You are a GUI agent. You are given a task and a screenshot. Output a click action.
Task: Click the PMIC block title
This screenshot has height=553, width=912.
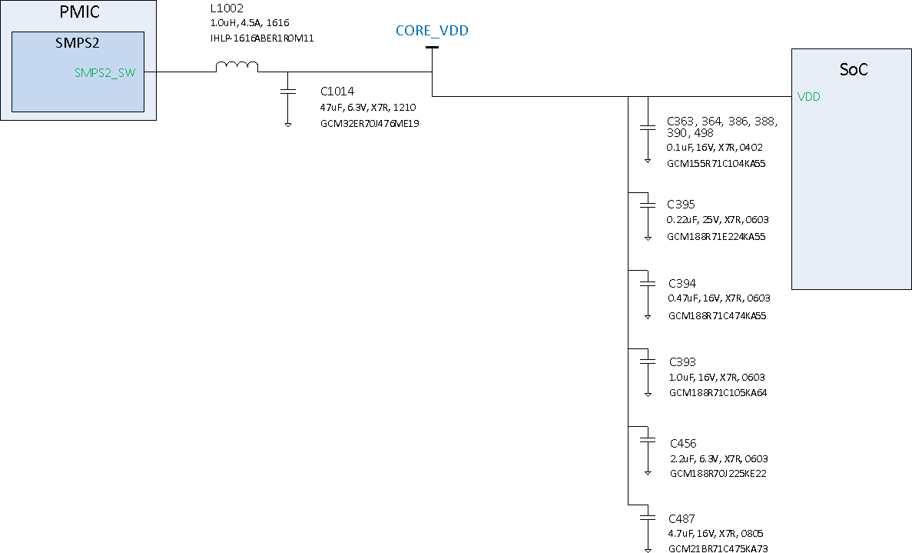(x=78, y=13)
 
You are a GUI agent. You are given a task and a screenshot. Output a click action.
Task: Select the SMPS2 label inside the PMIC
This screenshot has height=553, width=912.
(x=78, y=43)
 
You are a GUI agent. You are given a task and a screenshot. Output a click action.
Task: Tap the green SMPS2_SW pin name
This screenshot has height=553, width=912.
(x=104, y=73)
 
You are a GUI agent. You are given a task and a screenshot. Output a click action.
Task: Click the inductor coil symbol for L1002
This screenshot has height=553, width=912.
(x=237, y=68)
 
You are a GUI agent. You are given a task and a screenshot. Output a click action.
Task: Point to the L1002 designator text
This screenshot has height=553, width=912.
(x=227, y=8)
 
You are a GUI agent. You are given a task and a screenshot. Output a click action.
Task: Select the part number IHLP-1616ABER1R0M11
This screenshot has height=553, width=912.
(x=262, y=38)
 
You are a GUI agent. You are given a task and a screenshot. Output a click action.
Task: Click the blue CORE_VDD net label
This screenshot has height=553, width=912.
(x=432, y=31)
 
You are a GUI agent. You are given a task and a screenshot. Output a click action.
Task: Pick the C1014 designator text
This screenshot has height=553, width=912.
(x=337, y=91)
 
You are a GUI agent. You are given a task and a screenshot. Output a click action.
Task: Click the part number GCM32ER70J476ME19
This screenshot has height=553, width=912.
(x=369, y=123)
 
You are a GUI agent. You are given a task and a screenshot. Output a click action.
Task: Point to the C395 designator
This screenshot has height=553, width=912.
(x=681, y=204)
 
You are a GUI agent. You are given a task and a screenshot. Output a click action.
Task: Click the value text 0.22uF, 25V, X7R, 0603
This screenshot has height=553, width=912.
(x=718, y=220)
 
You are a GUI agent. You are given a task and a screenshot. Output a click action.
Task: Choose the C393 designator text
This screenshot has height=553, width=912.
(x=682, y=361)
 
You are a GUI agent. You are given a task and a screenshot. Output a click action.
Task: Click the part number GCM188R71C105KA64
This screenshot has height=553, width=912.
(x=718, y=393)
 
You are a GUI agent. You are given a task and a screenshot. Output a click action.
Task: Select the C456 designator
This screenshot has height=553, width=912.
(x=683, y=443)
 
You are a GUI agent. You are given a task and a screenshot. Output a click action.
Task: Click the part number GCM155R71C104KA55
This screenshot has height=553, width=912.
(x=716, y=163)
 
